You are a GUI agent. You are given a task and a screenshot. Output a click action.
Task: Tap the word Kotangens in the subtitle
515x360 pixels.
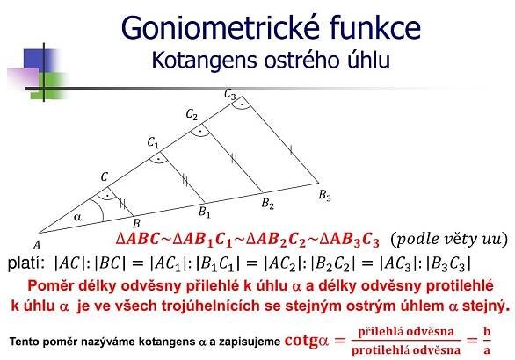pyautogui.click(x=204, y=61)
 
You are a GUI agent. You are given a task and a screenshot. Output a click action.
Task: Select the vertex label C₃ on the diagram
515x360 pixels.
pyautogui.click(x=230, y=95)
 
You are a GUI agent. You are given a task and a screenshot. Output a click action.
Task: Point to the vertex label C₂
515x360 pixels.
pyautogui.click(x=192, y=114)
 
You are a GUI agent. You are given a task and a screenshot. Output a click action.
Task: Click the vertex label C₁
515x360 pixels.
pyautogui.click(x=153, y=143)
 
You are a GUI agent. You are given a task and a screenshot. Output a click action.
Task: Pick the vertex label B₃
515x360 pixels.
pyautogui.click(x=324, y=196)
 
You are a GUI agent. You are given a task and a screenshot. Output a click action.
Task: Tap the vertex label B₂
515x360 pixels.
pyautogui.click(x=268, y=204)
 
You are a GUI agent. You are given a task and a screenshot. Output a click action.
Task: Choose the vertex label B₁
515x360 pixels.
pyautogui.click(x=204, y=212)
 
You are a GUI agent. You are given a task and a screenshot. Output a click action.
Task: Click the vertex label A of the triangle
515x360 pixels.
pyautogui.click(x=36, y=245)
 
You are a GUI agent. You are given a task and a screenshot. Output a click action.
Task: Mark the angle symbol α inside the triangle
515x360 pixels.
pyautogui.click(x=77, y=217)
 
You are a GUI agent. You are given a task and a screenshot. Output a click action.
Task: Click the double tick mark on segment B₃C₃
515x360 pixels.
pyautogui.click(x=293, y=152)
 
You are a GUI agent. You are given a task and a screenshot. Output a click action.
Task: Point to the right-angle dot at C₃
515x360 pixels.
pyautogui.click(x=242, y=104)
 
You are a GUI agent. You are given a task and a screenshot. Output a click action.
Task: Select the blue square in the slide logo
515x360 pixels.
pyautogui.click(x=39, y=60)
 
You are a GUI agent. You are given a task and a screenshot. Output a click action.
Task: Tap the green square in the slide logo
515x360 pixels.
pyautogui.click(x=49, y=85)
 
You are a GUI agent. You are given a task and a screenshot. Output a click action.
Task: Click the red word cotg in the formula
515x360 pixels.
pyautogui.click(x=301, y=341)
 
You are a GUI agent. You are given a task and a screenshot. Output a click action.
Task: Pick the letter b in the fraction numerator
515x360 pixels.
pyautogui.click(x=487, y=331)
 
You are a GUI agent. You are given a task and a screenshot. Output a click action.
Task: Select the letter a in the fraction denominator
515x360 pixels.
pyautogui.click(x=487, y=350)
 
